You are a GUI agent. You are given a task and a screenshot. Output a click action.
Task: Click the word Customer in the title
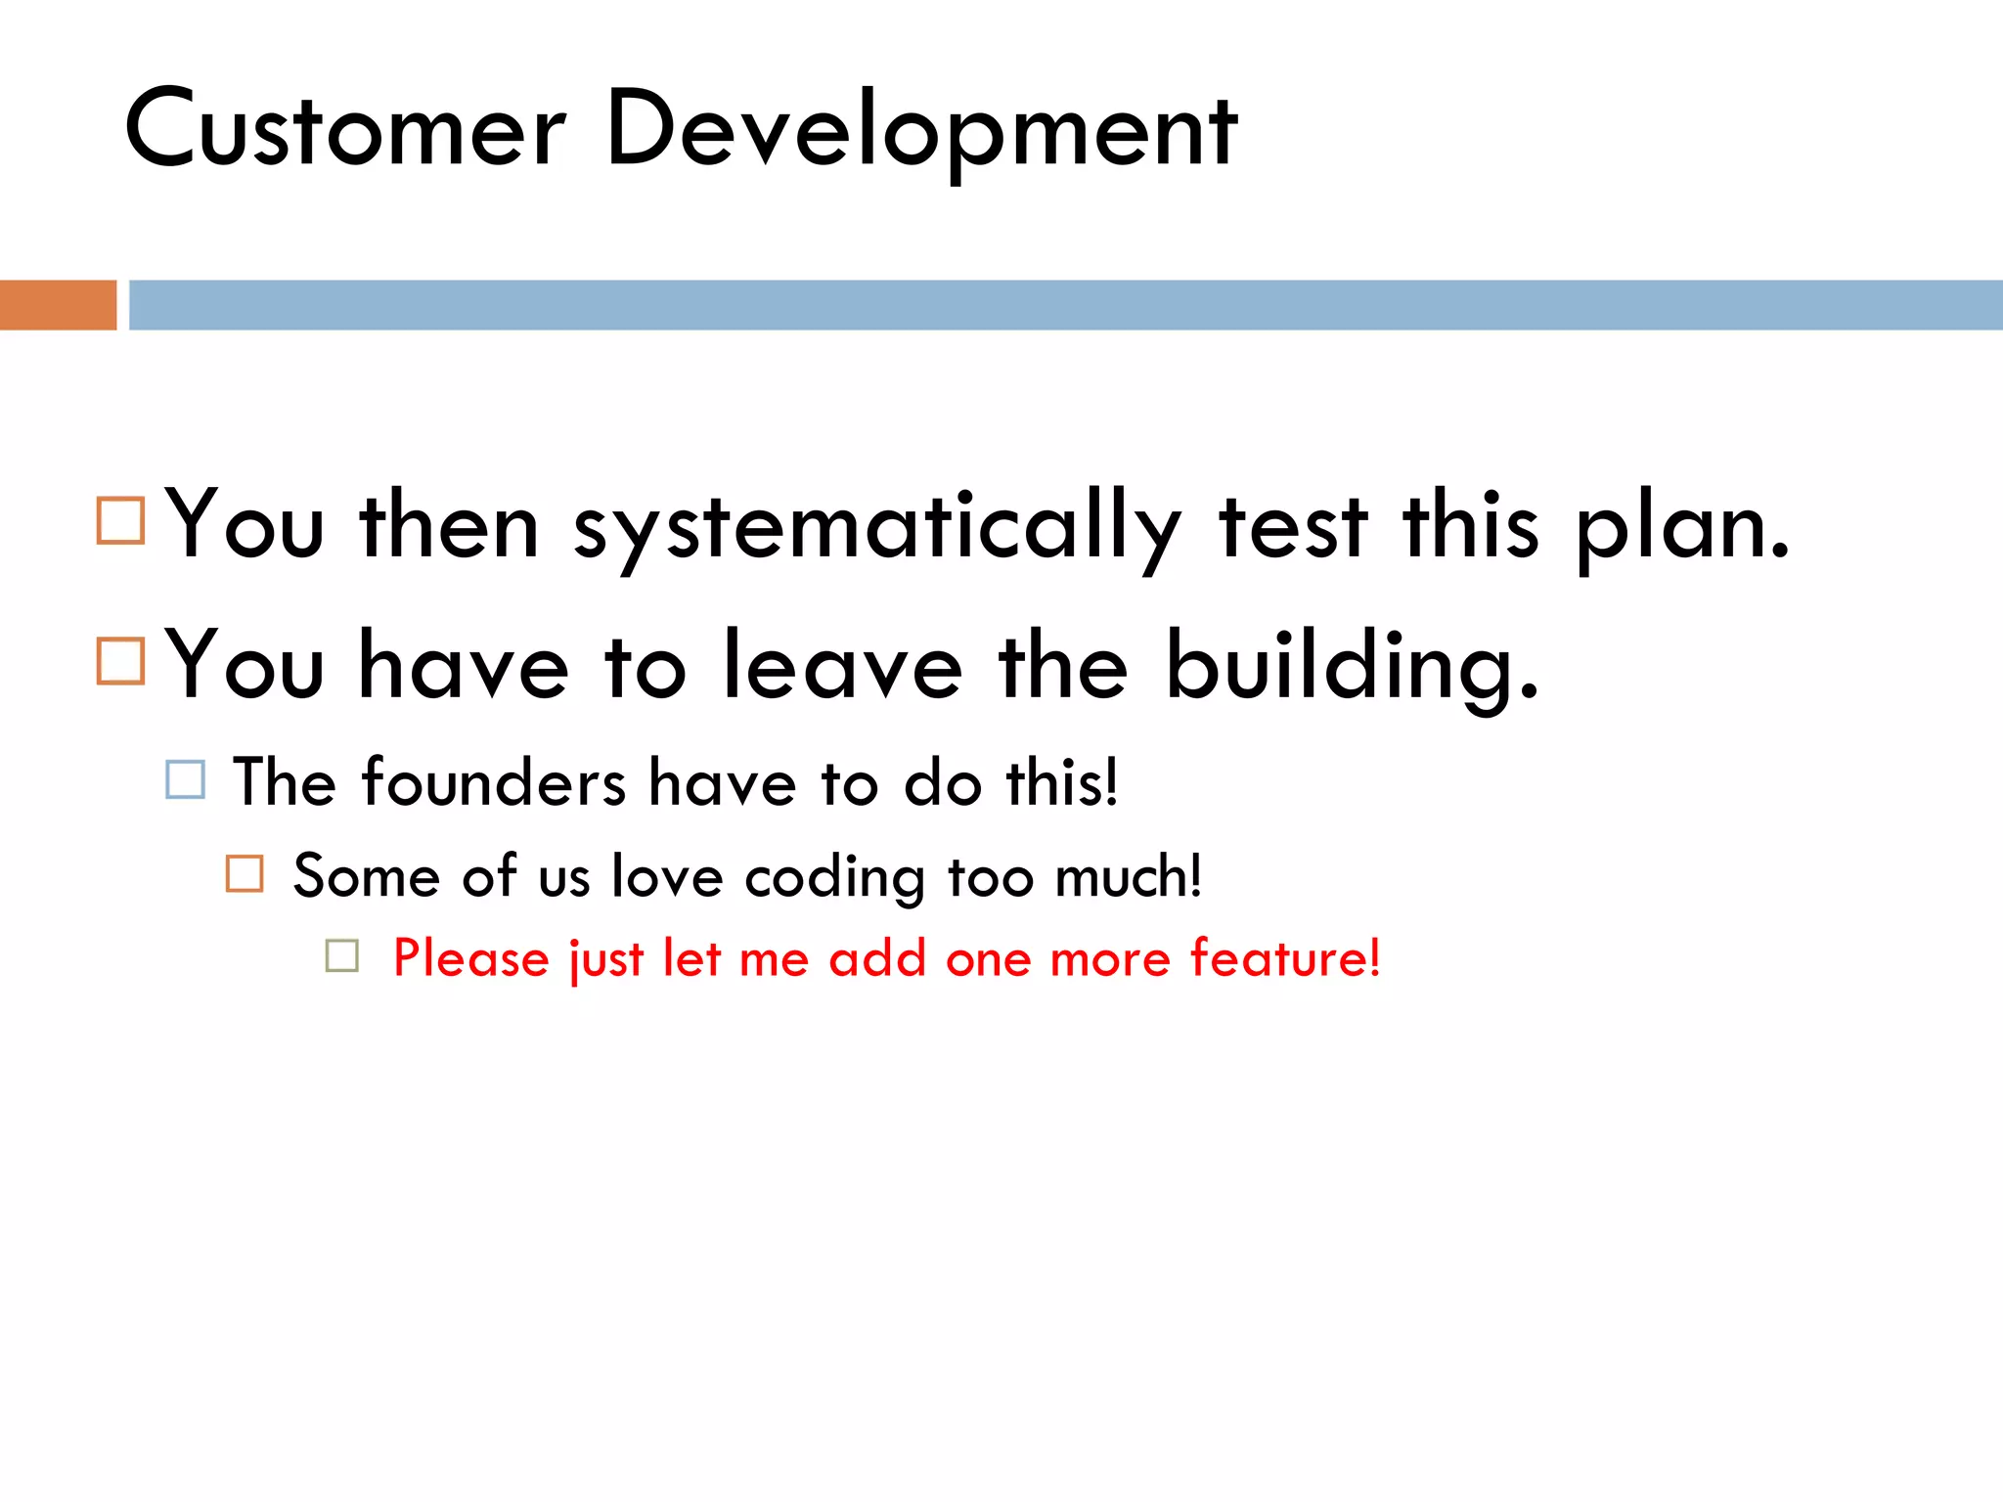click(x=344, y=129)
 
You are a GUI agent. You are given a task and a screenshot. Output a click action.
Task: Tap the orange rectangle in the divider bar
click(x=58, y=305)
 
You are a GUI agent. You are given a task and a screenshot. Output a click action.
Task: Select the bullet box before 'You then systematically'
click(x=121, y=520)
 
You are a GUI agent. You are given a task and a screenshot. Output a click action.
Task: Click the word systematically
click(x=877, y=528)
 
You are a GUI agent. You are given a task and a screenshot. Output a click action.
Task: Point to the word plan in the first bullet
click(x=1682, y=528)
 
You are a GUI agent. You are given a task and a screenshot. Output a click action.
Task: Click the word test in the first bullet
click(x=1292, y=528)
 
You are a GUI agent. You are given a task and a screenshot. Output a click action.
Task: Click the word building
click(x=1352, y=668)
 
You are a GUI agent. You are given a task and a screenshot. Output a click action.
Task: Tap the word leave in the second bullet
click(x=842, y=668)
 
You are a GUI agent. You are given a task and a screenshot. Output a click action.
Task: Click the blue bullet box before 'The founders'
click(x=186, y=780)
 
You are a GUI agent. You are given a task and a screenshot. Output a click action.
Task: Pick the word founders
click(x=493, y=783)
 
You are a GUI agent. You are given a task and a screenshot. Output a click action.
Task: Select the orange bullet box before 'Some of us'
click(x=245, y=873)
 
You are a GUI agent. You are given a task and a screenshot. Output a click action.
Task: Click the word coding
click(x=834, y=877)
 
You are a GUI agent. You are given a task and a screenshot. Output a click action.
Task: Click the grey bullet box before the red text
click(x=342, y=955)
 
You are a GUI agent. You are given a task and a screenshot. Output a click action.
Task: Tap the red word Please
click(x=471, y=958)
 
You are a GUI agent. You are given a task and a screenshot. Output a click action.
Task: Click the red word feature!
click(x=1285, y=958)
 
